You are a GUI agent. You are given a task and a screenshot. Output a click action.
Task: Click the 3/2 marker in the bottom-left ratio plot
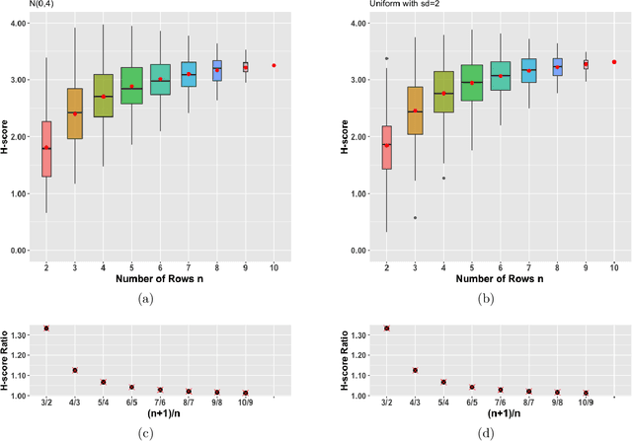[x=46, y=328]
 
